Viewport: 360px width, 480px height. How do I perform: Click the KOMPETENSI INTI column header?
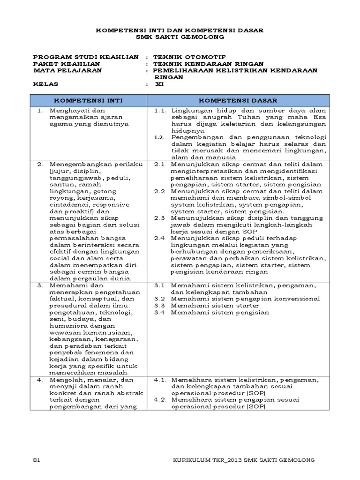point(89,100)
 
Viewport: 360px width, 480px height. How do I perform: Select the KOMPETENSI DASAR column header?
point(238,100)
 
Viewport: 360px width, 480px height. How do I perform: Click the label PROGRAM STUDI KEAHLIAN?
point(86,57)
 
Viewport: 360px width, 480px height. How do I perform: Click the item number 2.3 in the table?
point(159,218)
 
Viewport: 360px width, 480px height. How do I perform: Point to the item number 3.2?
point(159,299)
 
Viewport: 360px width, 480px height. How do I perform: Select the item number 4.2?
point(160,399)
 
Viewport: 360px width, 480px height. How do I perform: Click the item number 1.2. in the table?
point(160,137)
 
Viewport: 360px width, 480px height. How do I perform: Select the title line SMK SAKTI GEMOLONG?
point(180,37)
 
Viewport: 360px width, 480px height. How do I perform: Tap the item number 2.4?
point(159,238)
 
